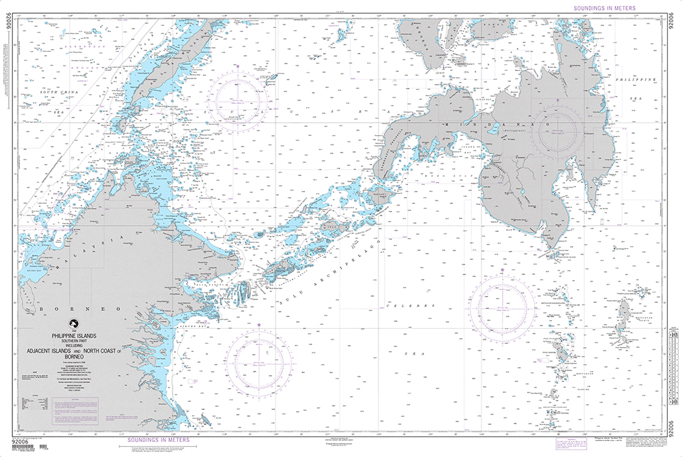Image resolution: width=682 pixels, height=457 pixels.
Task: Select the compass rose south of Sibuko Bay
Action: [x=260, y=355]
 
